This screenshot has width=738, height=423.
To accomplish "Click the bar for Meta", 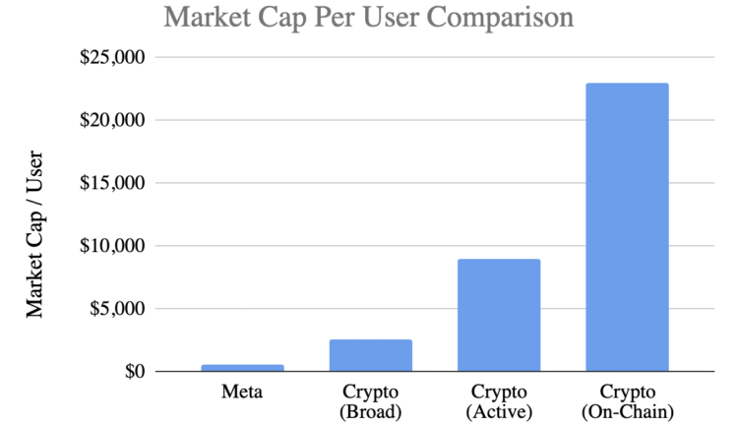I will [x=242, y=368].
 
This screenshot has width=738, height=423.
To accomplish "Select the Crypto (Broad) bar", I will [x=370, y=355].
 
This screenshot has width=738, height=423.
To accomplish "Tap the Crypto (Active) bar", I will [x=499, y=315].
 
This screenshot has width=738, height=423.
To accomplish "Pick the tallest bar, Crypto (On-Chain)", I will [x=627, y=227].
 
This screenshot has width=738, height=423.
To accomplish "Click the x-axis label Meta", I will [x=242, y=393].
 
